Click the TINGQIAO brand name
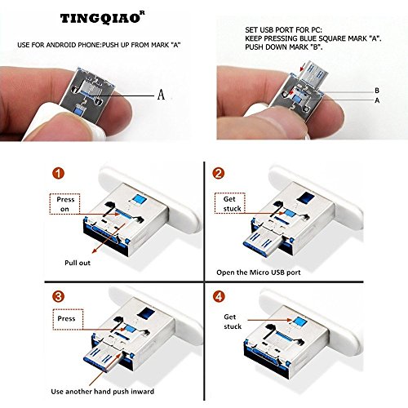[100, 19]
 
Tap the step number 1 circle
[59, 173]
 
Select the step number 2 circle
[219, 173]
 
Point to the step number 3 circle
[59, 296]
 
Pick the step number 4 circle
[219, 296]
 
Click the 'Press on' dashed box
[64, 204]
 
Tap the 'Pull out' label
[78, 263]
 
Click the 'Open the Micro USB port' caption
[259, 273]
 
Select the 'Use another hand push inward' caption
[103, 392]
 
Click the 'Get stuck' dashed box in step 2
[230, 203]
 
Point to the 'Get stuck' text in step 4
[233, 322]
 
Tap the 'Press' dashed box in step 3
[68, 319]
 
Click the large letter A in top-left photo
[162, 95]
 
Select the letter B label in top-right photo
[377, 91]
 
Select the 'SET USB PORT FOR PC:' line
[283, 30]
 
